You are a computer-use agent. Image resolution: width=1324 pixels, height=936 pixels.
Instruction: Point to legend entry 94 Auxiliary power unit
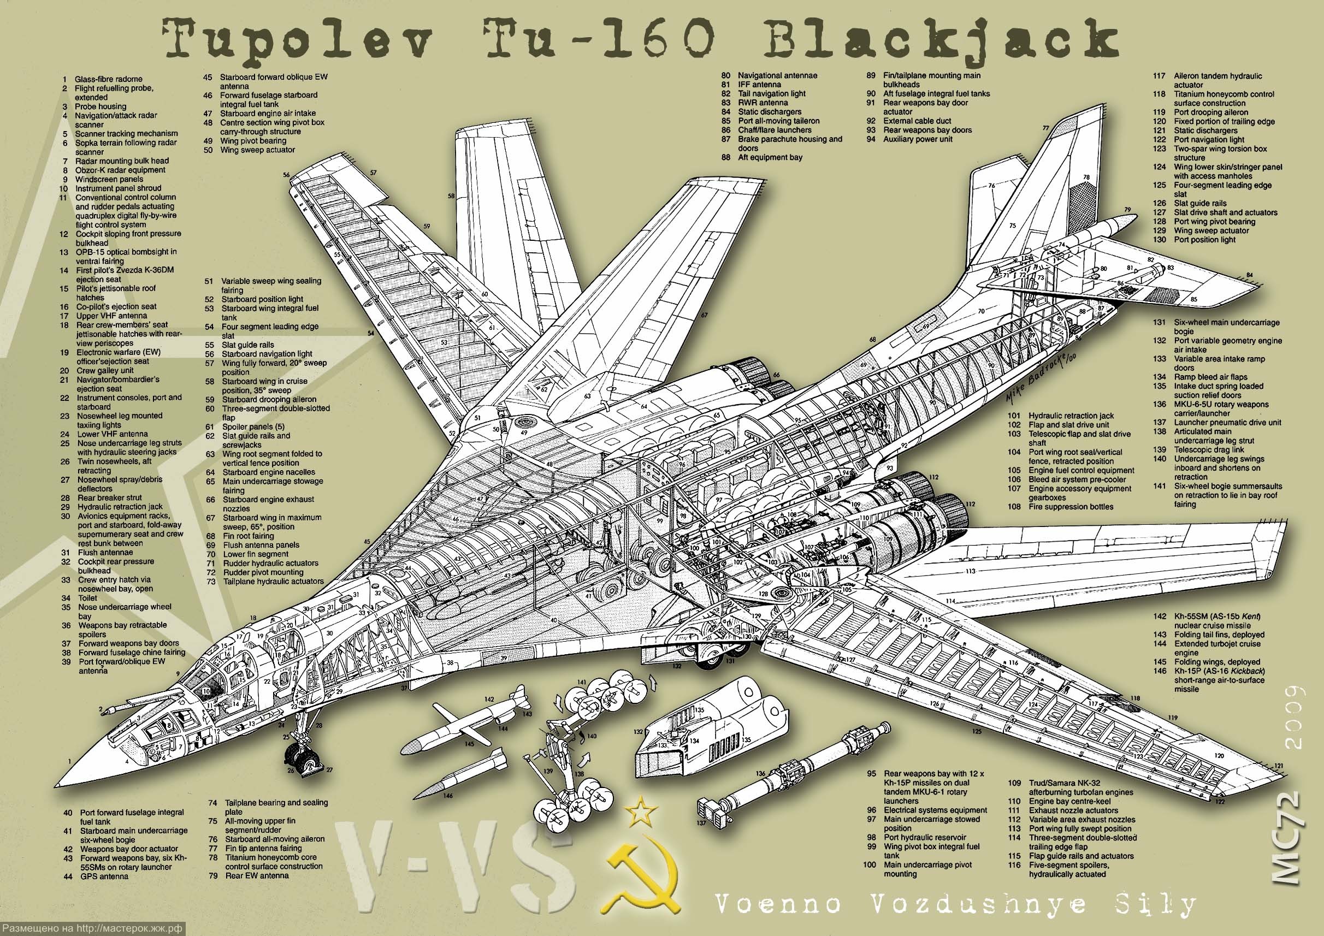pyautogui.click(x=917, y=139)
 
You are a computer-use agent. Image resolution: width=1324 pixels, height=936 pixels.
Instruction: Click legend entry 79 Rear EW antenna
pyautogui.click(x=256, y=875)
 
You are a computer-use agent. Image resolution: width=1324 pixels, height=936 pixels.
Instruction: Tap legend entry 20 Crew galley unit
pyautogui.click(x=104, y=371)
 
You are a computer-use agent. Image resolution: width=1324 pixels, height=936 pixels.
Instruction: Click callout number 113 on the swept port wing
pyautogui.click(x=970, y=571)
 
